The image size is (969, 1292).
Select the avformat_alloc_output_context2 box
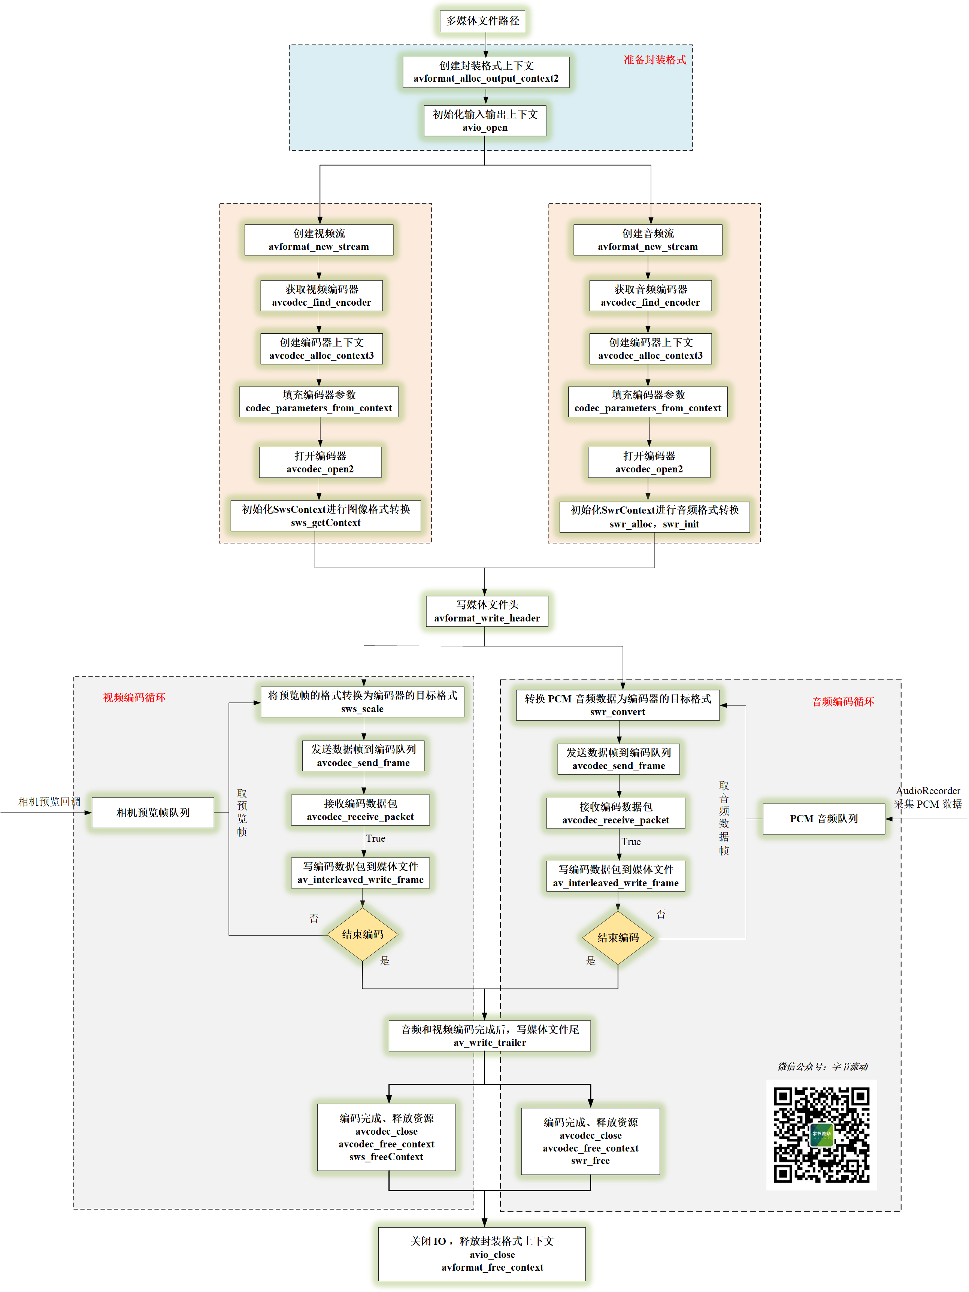click(x=485, y=72)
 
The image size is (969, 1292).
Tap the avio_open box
click(x=485, y=120)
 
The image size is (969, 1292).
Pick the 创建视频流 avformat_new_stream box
click(x=318, y=239)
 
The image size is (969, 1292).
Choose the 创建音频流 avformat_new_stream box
click(x=647, y=239)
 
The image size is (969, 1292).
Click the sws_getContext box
click(x=325, y=516)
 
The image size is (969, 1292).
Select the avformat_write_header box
click(x=487, y=611)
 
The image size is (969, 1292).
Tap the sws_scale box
click(x=362, y=702)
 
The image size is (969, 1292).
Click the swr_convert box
click(x=617, y=705)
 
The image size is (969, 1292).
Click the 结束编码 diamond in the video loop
click(x=362, y=934)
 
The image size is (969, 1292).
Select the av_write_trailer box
click(x=490, y=1036)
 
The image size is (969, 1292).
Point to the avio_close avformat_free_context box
click(x=481, y=1254)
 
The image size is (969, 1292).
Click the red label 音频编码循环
click(x=842, y=702)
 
